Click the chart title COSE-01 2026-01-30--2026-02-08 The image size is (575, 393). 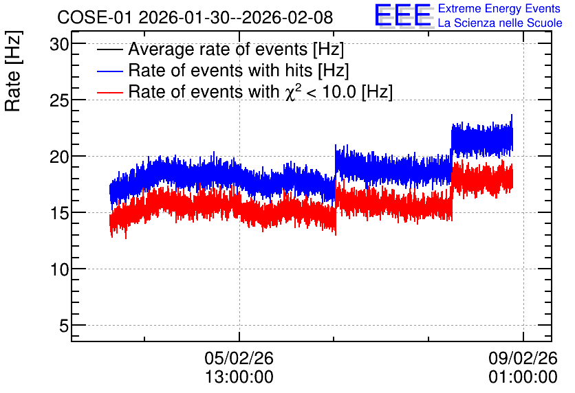point(195,17)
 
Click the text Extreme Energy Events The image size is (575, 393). point(499,8)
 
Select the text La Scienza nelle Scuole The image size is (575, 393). point(500,23)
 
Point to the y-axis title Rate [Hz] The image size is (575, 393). point(13,71)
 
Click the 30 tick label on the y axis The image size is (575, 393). point(59,45)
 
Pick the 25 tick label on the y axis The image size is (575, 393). point(59,101)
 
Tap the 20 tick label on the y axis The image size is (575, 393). point(59,157)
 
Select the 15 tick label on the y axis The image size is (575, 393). point(59,214)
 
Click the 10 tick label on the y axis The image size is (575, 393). point(59,270)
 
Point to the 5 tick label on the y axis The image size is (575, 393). point(64,326)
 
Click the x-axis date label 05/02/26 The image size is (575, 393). point(239,358)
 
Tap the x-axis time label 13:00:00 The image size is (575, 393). point(239,377)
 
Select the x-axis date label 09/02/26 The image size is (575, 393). point(523,358)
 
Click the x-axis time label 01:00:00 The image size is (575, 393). point(523,377)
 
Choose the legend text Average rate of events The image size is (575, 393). point(218,49)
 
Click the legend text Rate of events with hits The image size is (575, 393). point(220,70)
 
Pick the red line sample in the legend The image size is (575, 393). point(109,92)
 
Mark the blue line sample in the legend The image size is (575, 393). point(109,71)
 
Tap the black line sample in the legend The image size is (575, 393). point(109,49)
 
